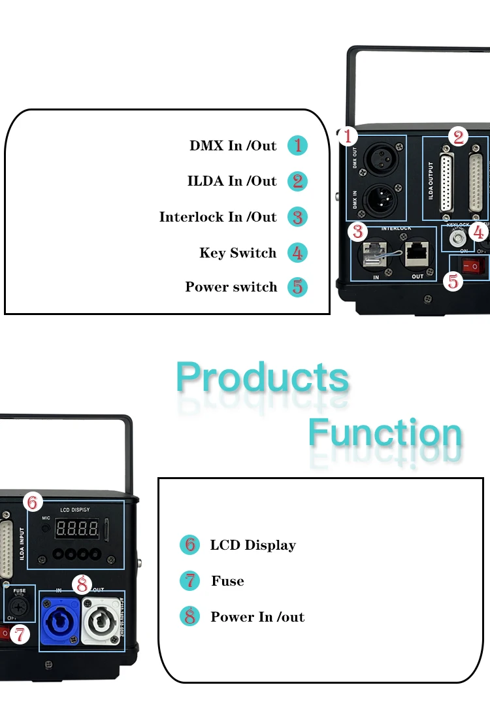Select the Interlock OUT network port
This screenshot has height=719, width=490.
pyautogui.click(x=417, y=254)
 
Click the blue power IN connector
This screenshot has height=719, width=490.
pyautogui.click(x=60, y=616)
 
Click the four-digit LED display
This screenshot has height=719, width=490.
pyautogui.click(x=77, y=527)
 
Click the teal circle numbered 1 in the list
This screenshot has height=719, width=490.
pyautogui.click(x=297, y=145)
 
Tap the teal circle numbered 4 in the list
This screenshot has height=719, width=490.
pyautogui.click(x=297, y=253)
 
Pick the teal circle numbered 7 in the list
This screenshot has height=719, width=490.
pyautogui.click(x=189, y=580)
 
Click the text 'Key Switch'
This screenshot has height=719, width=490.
pyautogui.click(x=238, y=253)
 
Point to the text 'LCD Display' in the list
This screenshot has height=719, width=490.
pyautogui.click(x=253, y=545)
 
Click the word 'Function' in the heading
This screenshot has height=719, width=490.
pyautogui.click(x=385, y=433)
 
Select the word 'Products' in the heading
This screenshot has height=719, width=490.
pyautogui.click(x=263, y=378)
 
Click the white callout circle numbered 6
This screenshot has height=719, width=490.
pyautogui.click(x=33, y=503)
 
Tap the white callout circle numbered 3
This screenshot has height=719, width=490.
pyautogui.click(x=357, y=231)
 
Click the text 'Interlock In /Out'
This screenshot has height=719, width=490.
pyautogui.click(x=218, y=217)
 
